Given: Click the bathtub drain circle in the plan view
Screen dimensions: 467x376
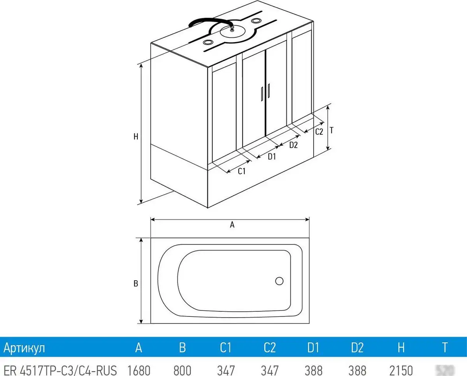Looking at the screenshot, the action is (279, 281).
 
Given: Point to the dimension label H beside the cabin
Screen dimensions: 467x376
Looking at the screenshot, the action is (136, 137).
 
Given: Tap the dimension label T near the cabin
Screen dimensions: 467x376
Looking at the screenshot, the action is (331, 130).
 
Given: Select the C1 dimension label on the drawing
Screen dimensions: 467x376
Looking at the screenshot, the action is (242, 171).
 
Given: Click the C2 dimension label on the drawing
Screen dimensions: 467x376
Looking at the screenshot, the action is (319, 132).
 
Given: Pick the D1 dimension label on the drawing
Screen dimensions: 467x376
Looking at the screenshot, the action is (272, 157).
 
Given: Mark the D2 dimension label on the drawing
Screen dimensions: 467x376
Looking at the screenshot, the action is (293, 145).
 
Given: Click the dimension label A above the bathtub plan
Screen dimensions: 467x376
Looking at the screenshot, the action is (232, 225).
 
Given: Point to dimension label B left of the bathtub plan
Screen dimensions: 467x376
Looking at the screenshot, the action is (136, 284).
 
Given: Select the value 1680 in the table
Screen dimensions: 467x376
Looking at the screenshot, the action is (139, 369).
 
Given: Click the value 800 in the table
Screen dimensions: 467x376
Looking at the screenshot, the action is (182, 369).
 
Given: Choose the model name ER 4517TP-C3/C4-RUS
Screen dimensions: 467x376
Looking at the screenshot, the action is (60, 369).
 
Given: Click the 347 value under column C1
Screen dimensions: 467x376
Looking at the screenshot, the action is (226, 369).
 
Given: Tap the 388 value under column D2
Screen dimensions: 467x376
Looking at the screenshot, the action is (357, 369).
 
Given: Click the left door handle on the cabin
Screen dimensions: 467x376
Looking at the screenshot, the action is (262, 93).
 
